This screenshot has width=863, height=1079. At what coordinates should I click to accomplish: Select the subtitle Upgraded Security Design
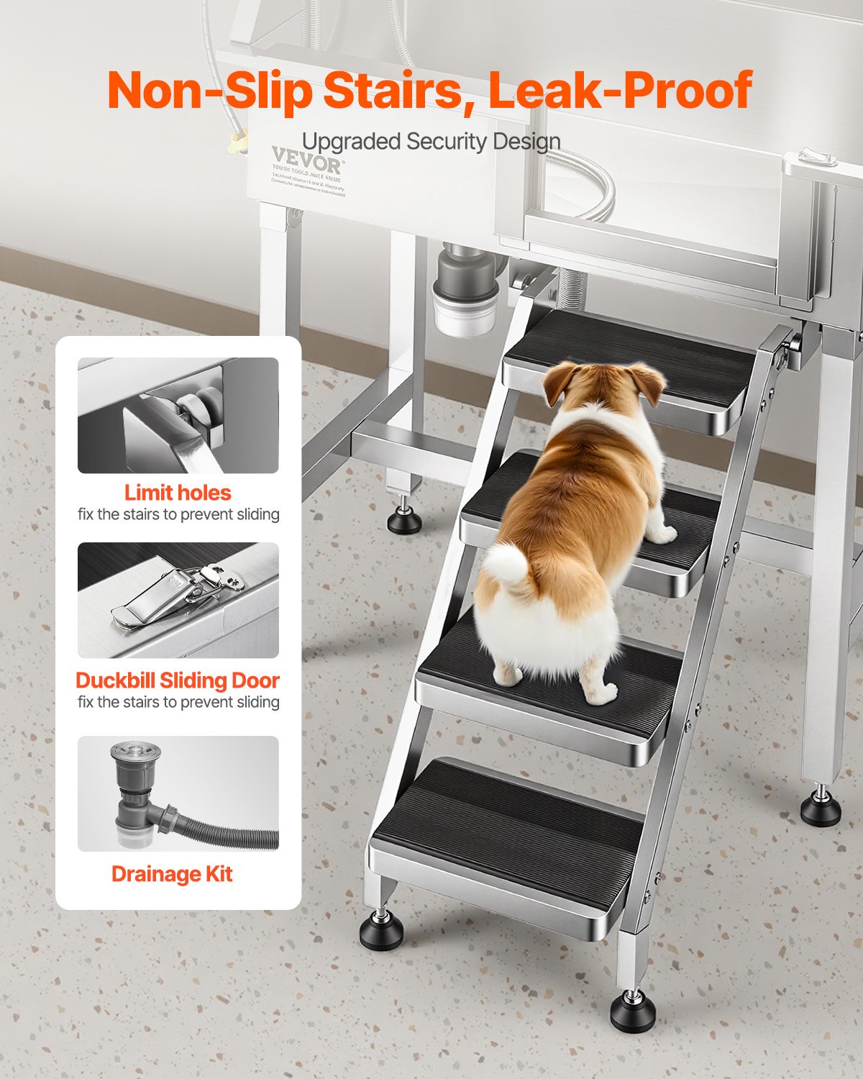click(x=431, y=142)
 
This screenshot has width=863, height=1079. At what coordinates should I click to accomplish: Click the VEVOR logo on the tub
click(x=306, y=158)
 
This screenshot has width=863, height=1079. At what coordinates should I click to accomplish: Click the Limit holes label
click(x=178, y=493)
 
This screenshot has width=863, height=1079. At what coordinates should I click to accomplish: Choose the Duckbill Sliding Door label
click(x=178, y=680)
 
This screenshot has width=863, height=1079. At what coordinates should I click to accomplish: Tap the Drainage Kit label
click(x=172, y=874)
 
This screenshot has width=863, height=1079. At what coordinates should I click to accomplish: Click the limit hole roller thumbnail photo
click(x=178, y=415)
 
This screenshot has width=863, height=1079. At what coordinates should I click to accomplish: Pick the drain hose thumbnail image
click(x=178, y=793)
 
